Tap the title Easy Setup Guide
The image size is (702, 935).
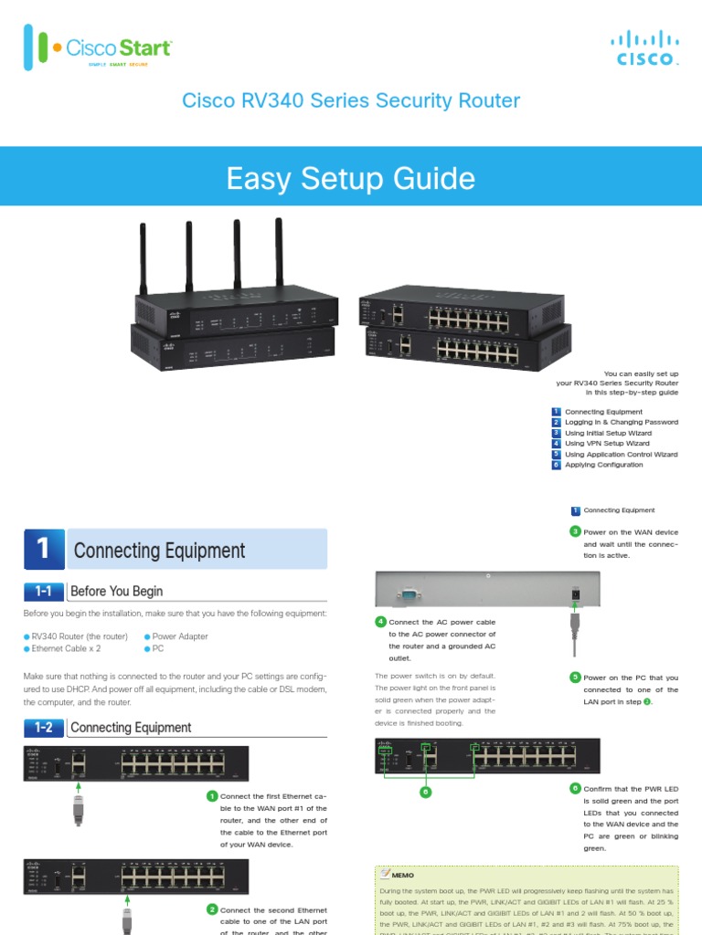pyautogui.click(x=351, y=178)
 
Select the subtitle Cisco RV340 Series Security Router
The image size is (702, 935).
pyautogui.click(x=351, y=100)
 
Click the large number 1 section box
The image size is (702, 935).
pyautogui.click(x=44, y=549)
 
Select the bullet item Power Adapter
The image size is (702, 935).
pyautogui.click(x=179, y=636)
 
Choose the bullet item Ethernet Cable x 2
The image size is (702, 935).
pyautogui.click(x=66, y=648)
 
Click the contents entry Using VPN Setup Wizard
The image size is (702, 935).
pyautogui.click(x=607, y=443)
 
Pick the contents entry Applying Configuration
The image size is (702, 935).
pyautogui.click(x=603, y=465)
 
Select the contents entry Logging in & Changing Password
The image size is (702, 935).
pyautogui.click(x=621, y=422)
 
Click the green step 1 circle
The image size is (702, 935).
pyautogui.click(x=212, y=796)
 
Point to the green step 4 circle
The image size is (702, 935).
pyautogui.click(x=381, y=622)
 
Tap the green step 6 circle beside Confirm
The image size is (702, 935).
pyautogui.click(x=575, y=788)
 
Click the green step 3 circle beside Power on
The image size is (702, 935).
pyautogui.click(x=575, y=531)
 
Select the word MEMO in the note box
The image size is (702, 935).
pyautogui.click(x=402, y=875)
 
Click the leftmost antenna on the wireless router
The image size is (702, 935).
pyautogui.click(x=144, y=257)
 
